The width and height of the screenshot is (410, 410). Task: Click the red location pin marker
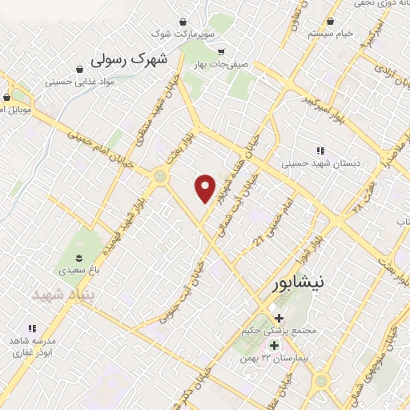pyautogui.click(x=207, y=188)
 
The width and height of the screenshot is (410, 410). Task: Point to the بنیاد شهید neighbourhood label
pyautogui.click(x=63, y=295)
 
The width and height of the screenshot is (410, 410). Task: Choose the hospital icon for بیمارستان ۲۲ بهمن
pyautogui.click(x=275, y=346)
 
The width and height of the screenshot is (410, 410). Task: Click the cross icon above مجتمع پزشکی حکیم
pyautogui.click(x=279, y=318)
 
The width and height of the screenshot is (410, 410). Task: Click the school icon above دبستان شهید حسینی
pyautogui.click(x=320, y=150)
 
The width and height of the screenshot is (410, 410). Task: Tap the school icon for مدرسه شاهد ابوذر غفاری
pyautogui.click(x=32, y=328)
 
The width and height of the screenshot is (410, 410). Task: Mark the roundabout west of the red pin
pyautogui.click(x=163, y=175)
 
